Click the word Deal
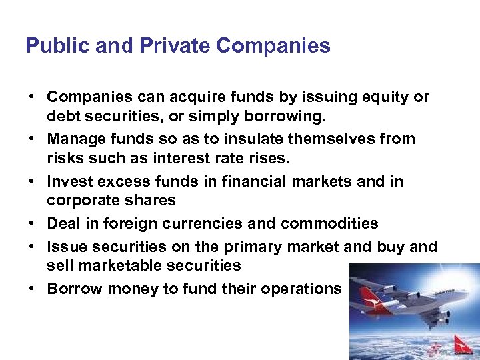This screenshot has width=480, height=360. [x=62, y=223]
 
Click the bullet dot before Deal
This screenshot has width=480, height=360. [x=31, y=223]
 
